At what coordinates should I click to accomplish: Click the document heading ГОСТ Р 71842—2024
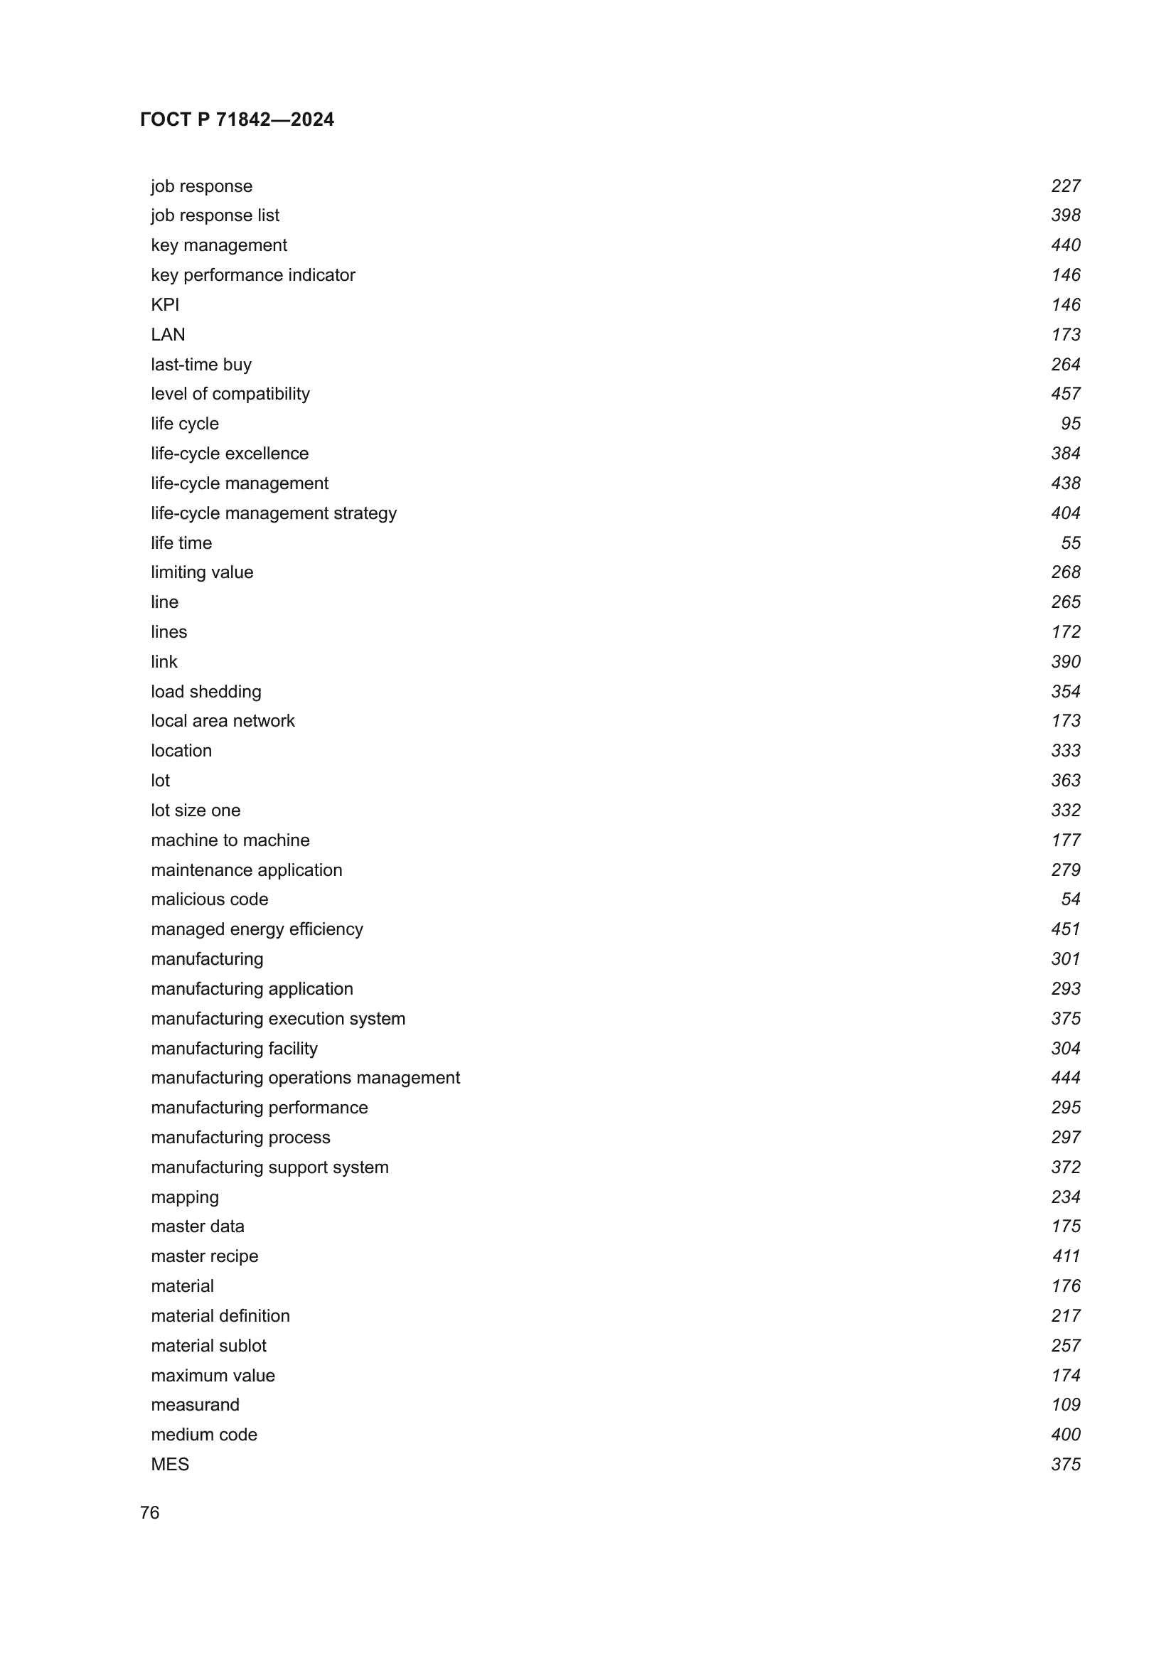pyautogui.click(x=237, y=119)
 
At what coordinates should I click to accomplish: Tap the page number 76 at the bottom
pyautogui.click(x=149, y=1512)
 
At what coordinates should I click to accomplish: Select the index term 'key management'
pyautogui.click(x=219, y=245)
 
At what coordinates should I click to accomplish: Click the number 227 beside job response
pyautogui.click(x=1065, y=186)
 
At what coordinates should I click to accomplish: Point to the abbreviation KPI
pyautogui.click(x=165, y=305)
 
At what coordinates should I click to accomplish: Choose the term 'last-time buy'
pyautogui.click(x=201, y=364)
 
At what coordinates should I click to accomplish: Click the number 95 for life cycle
pyautogui.click(x=1070, y=424)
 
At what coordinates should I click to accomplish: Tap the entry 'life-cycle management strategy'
pyautogui.click(x=274, y=513)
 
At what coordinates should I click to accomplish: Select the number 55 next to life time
pyautogui.click(x=1070, y=543)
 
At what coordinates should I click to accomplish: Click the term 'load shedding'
pyautogui.click(x=205, y=692)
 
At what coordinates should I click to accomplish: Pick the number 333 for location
pyautogui.click(x=1065, y=751)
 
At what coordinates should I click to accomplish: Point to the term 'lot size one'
pyautogui.click(x=196, y=811)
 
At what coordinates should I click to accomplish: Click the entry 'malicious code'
pyautogui.click(x=209, y=899)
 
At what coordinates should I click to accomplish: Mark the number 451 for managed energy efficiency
pyautogui.click(x=1065, y=929)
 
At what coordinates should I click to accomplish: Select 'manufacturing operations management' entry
pyautogui.click(x=305, y=1078)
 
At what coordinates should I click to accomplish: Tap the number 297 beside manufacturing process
pyautogui.click(x=1065, y=1137)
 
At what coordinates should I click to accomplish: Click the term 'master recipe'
pyautogui.click(x=204, y=1256)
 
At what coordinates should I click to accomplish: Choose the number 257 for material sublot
pyautogui.click(x=1065, y=1346)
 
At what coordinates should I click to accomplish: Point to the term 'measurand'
pyautogui.click(x=195, y=1405)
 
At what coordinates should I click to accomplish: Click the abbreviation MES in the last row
pyautogui.click(x=169, y=1465)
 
